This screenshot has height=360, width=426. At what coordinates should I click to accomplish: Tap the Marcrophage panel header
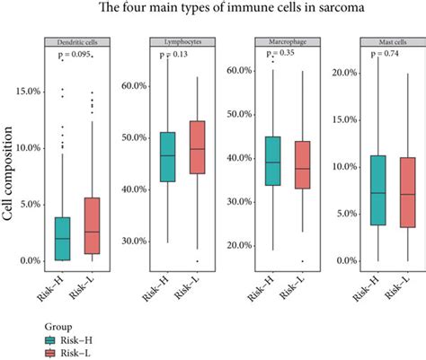pyautogui.click(x=269, y=41)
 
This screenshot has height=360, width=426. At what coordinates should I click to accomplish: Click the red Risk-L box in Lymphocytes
pyautogui.click(x=191, y=146)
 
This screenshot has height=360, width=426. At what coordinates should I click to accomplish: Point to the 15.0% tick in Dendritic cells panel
pyautogui.click(x=26, y=92)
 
